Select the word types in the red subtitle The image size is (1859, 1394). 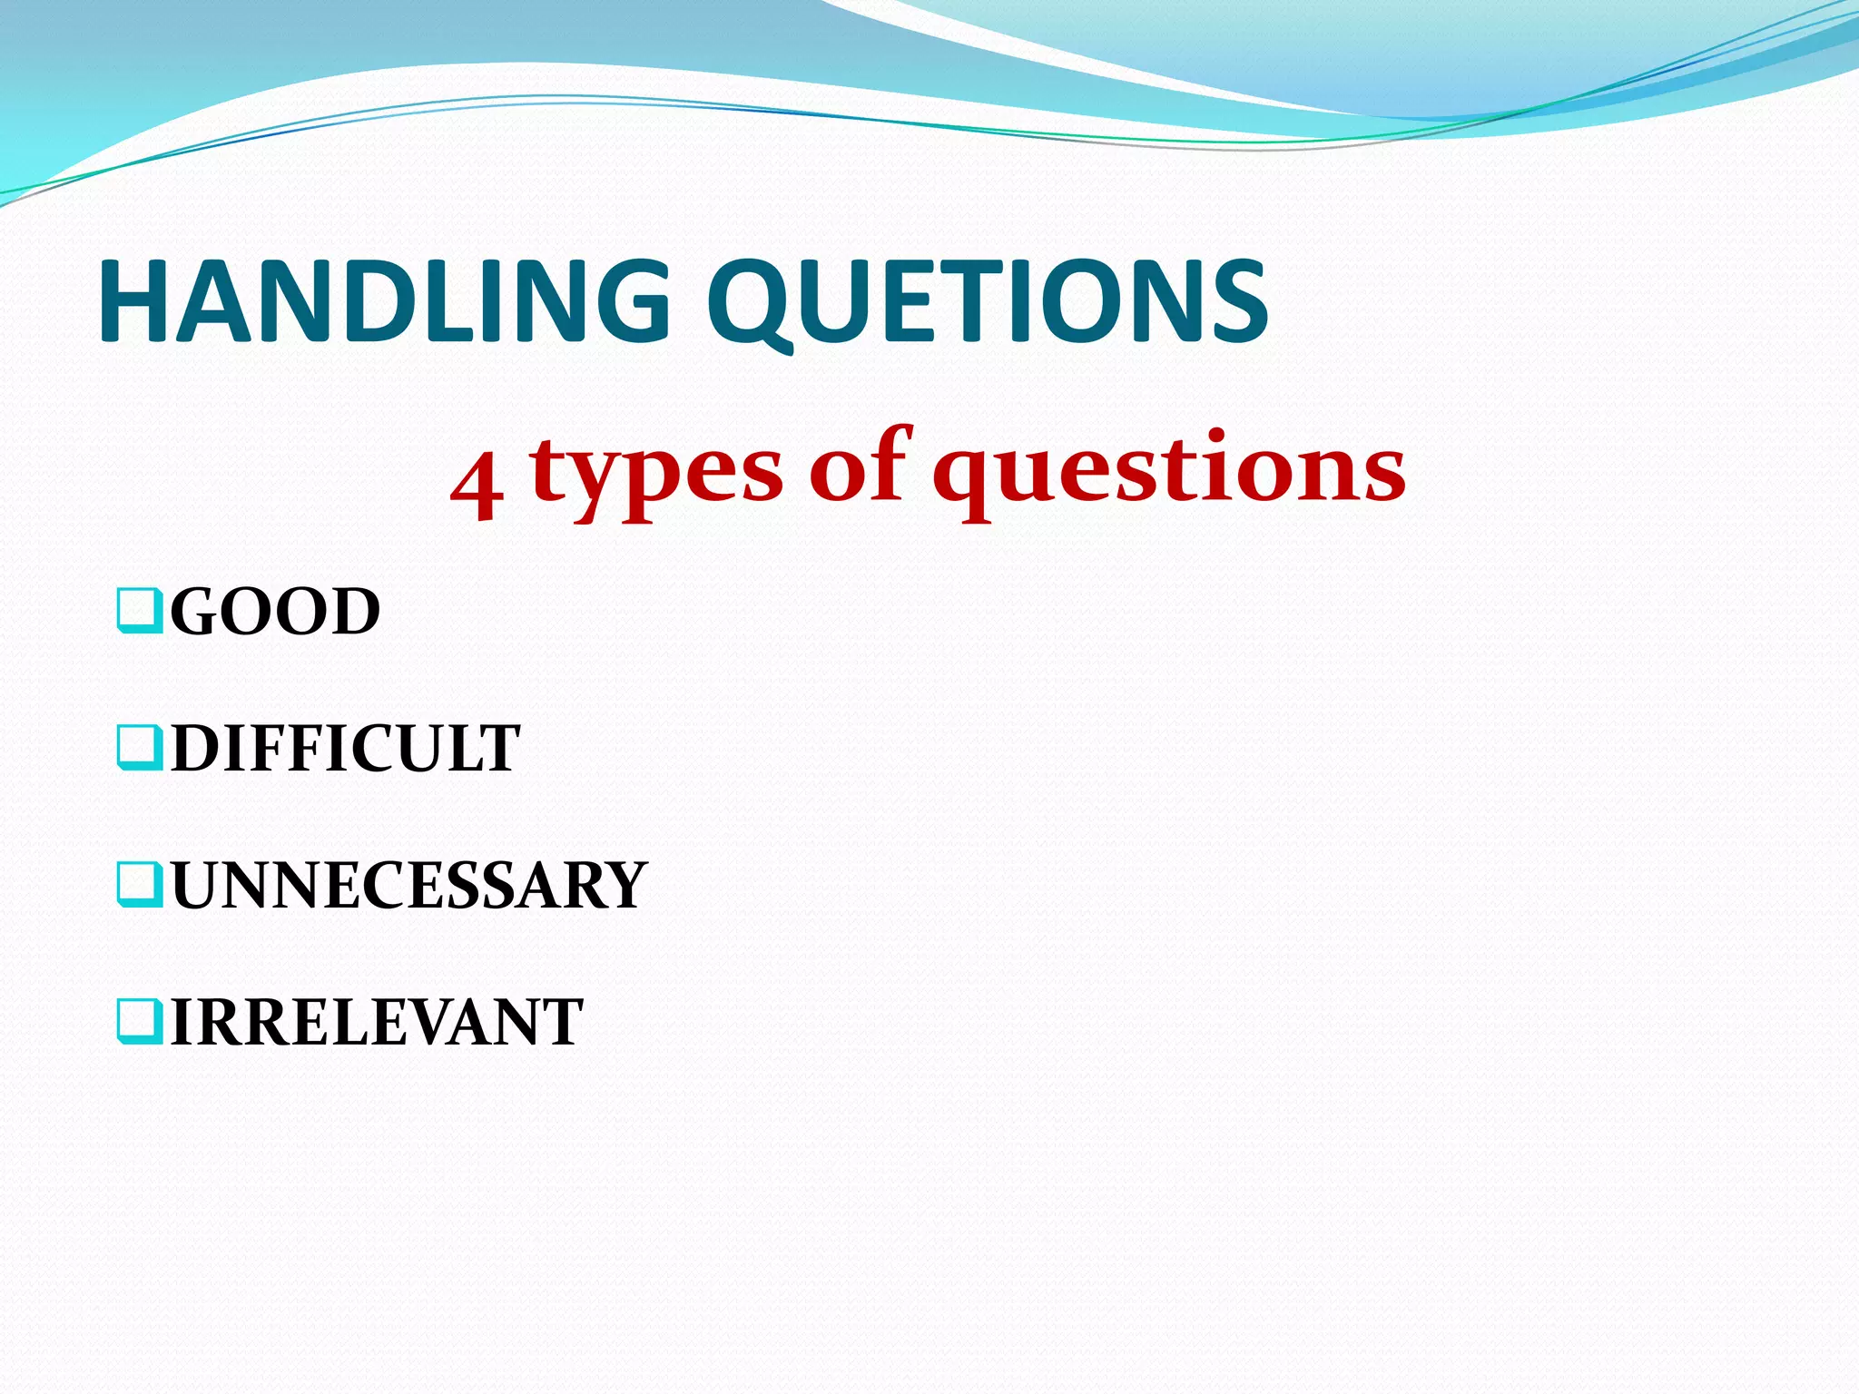click(x=655, y=472)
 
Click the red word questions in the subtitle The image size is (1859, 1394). click(x=1169, y=472)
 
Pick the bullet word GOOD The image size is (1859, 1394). click(x=275, y=612)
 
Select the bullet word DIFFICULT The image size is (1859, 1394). click(x=346, y=749)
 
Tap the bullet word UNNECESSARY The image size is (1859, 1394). click(x=409, y=886)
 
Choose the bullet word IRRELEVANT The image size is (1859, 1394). click(x=377, y=1023)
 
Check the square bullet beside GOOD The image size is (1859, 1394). click(x=140, y=611)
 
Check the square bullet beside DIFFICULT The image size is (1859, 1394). click(x=140, y=748)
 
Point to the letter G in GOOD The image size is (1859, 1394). click(x=195, y=612)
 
